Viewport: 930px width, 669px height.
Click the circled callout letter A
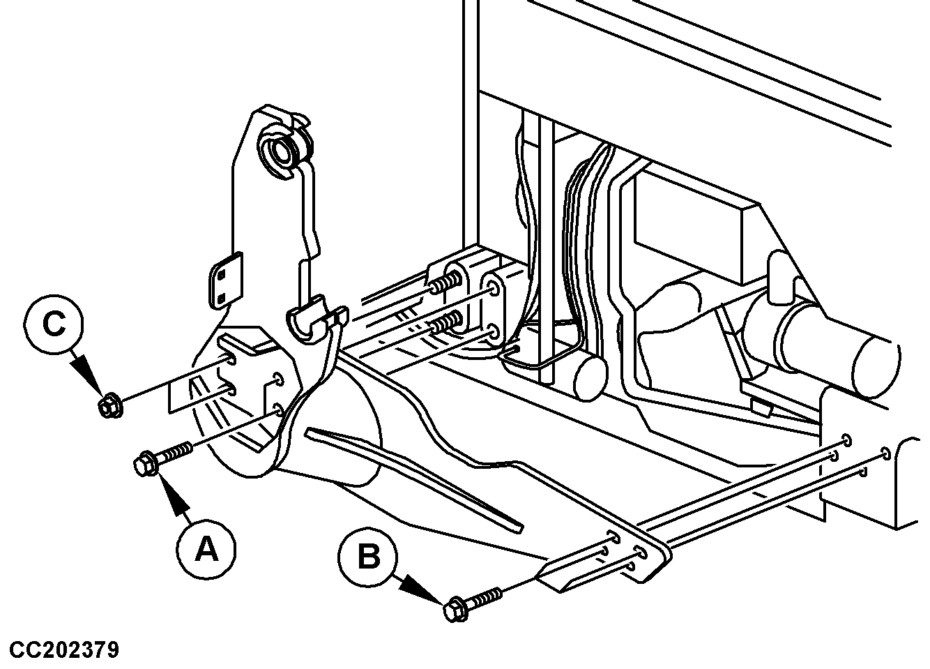point(206,551)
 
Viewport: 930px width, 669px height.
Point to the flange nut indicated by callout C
point(109,405)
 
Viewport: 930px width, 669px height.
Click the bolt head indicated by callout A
point(146,464)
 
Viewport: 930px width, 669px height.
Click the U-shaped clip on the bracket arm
point(311,317)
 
